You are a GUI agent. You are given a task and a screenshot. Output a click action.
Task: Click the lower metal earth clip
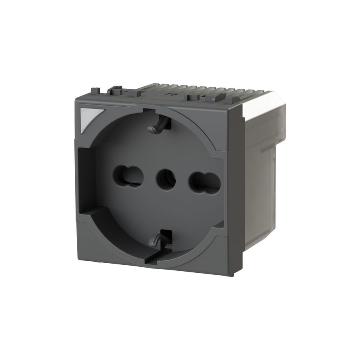pos(157,238)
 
